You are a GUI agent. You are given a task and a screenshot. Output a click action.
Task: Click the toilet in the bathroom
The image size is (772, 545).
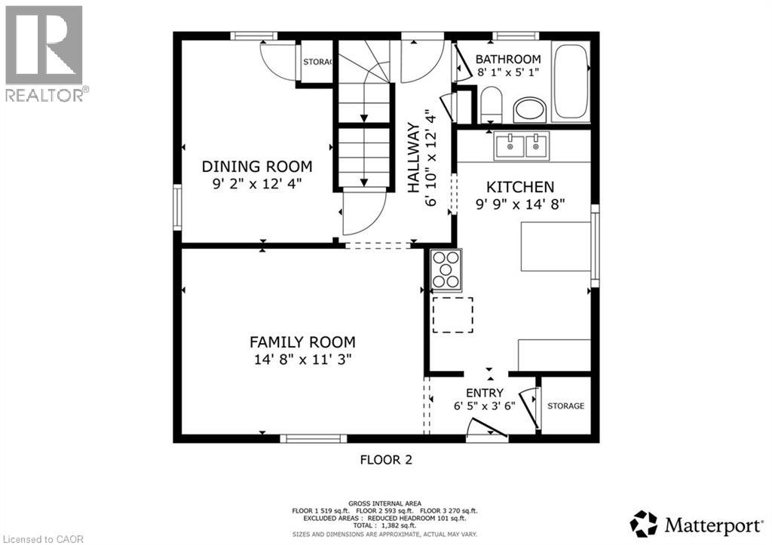(491, 103)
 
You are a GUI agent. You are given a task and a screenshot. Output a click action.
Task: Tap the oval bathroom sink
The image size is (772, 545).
(531, 111)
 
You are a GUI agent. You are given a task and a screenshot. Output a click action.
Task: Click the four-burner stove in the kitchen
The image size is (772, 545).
(445, 270)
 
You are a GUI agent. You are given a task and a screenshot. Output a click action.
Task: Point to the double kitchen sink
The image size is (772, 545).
(522, 145)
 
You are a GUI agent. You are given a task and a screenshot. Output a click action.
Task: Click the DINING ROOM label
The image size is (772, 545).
(256, 167)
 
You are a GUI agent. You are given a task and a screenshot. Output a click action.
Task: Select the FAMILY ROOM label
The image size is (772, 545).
(302, 341)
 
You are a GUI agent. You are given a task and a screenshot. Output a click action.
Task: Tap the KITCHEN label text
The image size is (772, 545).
(520, 187)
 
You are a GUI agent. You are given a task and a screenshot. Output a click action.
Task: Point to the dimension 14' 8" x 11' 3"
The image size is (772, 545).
(302, 360)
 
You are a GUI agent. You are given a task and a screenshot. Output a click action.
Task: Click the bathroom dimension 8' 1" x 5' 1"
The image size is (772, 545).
(509, 73)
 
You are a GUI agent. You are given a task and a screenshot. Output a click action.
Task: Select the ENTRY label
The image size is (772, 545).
(484, 393)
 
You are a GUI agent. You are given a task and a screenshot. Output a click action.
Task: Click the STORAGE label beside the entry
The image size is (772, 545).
(565, 406)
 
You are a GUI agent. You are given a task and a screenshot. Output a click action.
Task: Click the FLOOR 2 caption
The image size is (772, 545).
(385, 459)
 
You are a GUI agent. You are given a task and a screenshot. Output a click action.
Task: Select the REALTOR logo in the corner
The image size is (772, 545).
(44, 53)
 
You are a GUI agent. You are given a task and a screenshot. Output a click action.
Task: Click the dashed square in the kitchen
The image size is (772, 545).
(452, 315)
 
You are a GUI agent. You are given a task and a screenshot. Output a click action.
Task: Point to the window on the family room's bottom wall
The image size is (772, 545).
(313, 437)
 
